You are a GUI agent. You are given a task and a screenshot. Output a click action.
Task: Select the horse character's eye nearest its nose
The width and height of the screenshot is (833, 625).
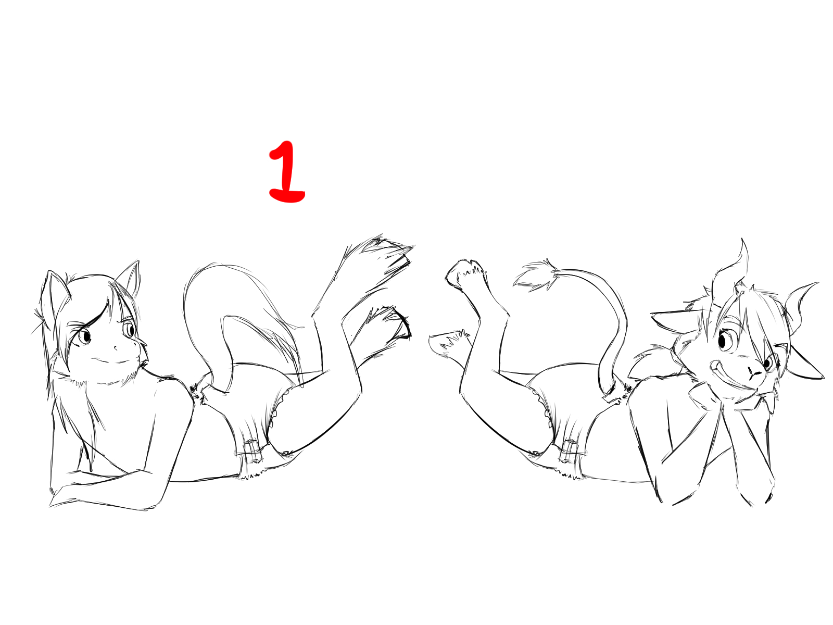point(130,329)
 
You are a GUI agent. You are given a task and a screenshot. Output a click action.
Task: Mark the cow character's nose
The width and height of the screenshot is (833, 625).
point(755,374)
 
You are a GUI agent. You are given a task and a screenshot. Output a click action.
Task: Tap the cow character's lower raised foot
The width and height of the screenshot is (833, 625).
point(448,343)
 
